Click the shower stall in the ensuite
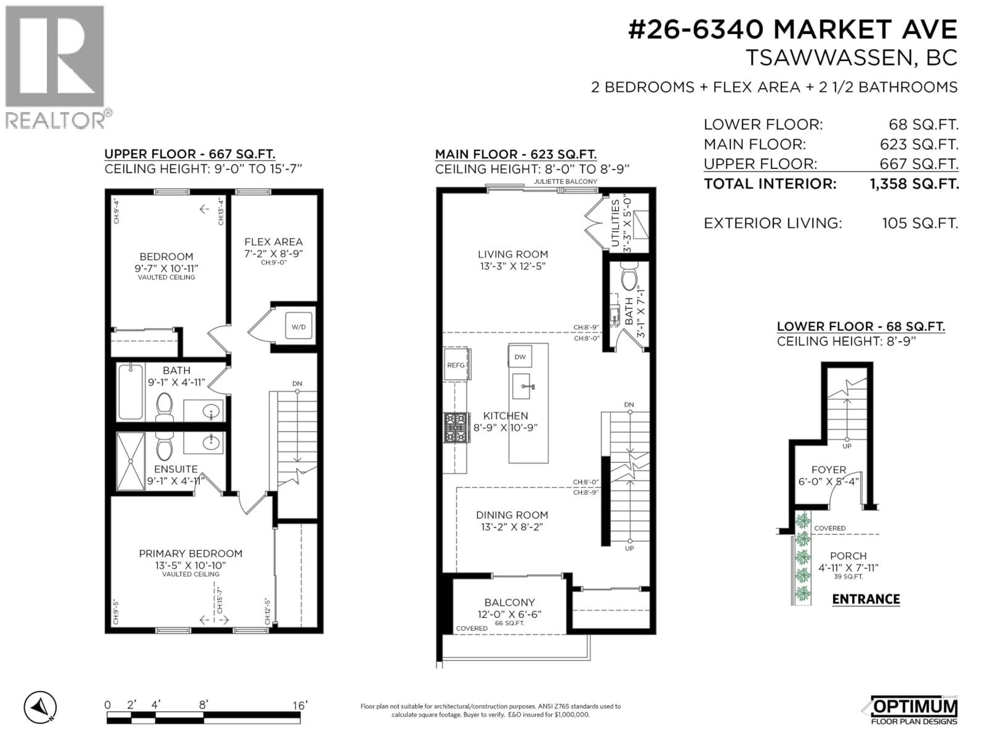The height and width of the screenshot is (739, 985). (131, 461)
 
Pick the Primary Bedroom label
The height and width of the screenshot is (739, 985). (191, 553)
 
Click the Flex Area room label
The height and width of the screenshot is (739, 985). (273, 242)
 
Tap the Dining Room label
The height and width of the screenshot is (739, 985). (512, 515)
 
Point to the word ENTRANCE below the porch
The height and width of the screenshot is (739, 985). (866, 599)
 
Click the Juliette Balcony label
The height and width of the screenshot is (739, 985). (566, 181)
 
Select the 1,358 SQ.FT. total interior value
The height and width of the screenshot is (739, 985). (914, 183)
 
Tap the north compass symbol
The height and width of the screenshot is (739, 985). (40, 707)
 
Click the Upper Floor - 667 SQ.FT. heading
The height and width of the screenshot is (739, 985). (190, 154)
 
